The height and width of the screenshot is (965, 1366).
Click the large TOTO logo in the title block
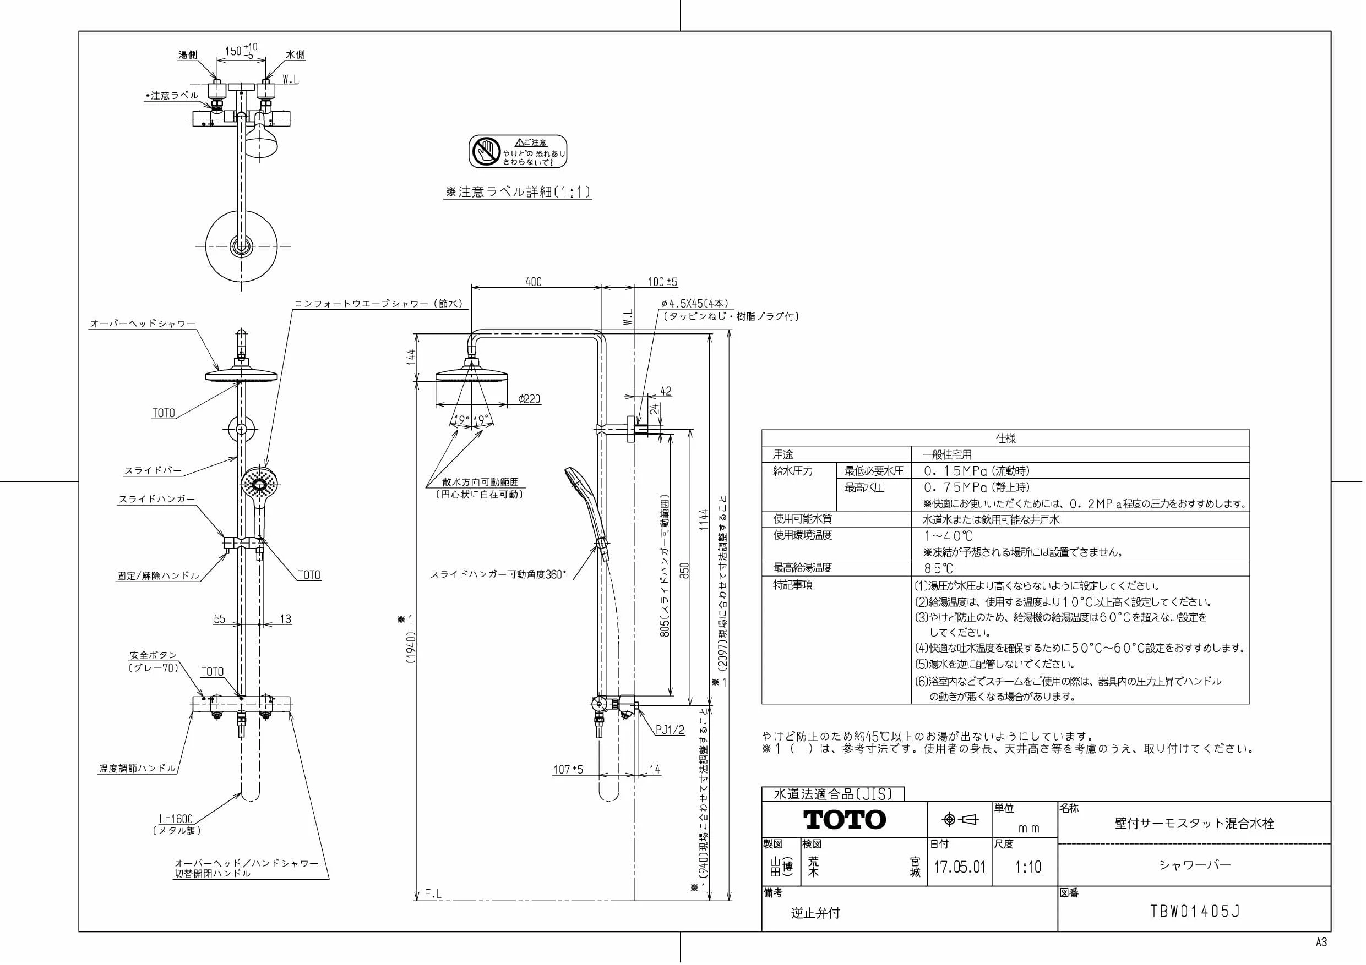(x=844, y=819)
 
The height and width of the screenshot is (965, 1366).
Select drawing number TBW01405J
(x=1195, y=912)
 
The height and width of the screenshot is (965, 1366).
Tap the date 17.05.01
(x=959, y=867)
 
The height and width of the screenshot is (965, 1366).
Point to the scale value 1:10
(x=1028, y=867)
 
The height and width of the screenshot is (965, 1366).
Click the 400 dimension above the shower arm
(x=534, y=282)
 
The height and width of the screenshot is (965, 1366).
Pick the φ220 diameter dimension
(x=529, y=399)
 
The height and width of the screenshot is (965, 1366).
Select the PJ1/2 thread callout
(x=671, y=730)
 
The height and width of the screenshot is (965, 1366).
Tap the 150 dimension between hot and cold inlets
(x=233, y=52)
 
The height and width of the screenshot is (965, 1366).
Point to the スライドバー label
(x=153, y=470)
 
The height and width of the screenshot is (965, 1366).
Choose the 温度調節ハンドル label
(x=138, y=768)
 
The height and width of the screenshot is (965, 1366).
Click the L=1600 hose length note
(x=176, y=819)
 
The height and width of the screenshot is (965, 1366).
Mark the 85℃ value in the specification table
(x=939, y=568)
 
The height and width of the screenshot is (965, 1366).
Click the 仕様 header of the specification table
(x=1005, y=438)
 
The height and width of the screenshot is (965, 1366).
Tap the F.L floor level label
(x=433, y=893)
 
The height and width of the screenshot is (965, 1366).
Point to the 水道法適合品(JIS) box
(x=833, y=794)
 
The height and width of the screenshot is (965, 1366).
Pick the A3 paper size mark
(x=1321, y=942)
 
